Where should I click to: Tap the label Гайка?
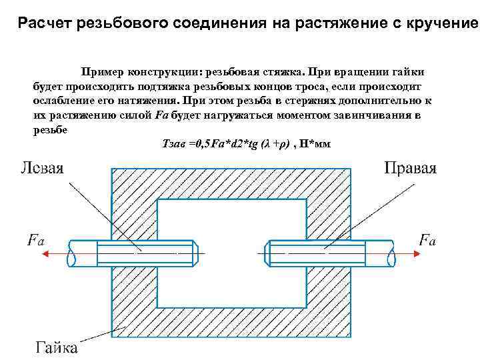tap(56, 347)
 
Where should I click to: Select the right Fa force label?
tap(427, 239)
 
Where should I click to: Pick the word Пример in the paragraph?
tap(103, 71)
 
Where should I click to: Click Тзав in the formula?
tap(174, 143)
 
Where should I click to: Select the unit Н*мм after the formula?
tap(315, 143)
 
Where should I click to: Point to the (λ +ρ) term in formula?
tap(276, 143)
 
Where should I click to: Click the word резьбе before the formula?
tap(49, 129)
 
